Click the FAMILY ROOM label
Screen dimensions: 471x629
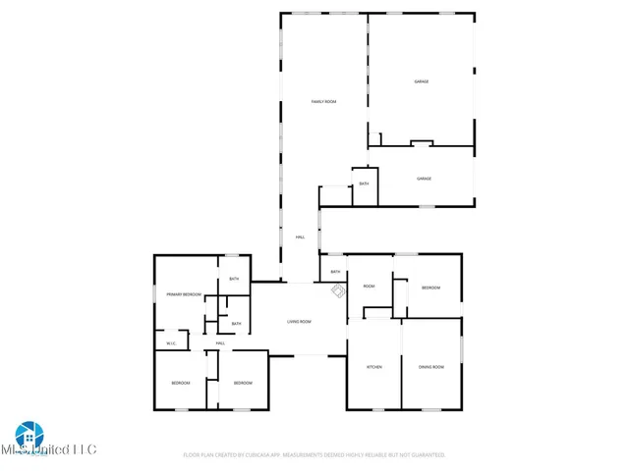[x=324, y=102]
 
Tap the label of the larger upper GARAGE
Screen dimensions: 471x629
[x=421, y=82]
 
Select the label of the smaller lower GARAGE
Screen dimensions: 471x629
[x=424, y=179]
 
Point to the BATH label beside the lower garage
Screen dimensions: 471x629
[x=364, y=184]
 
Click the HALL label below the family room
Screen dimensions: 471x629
[x=300, y=237]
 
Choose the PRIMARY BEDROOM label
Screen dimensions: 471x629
[x=184, y=294]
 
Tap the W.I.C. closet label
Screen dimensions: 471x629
[x=171, y=343]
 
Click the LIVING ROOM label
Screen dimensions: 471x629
[x=299, y=322]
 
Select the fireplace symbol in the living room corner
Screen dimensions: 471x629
[x=337, y=291]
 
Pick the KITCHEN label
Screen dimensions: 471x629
[x=373, y=367]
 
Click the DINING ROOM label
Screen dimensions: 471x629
[x=430, y=367]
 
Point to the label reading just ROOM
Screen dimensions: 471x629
[x=370, y=287]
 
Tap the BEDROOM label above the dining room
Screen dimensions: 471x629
[x=430, y=288]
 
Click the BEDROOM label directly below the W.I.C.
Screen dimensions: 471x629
[x=180, y=383]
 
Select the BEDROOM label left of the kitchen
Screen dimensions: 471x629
[x=242, y=383]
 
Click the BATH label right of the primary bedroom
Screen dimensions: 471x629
[x=234, y=280]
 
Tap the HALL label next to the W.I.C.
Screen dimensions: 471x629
[x=220, y=343]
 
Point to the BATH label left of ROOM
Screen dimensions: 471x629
[x=335, y=272]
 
